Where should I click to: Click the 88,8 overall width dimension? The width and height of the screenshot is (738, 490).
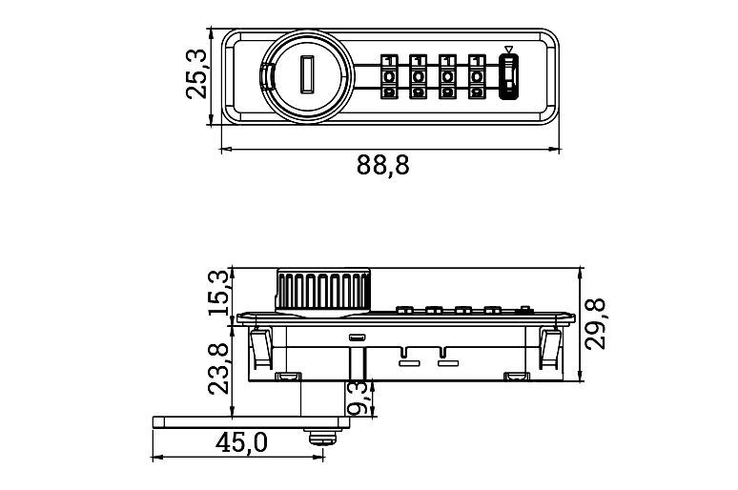coord(383,166)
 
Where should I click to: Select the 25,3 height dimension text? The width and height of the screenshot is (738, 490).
coord(196,75)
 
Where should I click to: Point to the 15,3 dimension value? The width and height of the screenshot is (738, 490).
coord(218,293)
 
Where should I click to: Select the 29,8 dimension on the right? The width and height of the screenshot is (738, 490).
coord(597,323)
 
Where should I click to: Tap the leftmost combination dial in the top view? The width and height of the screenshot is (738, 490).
coord(389,77)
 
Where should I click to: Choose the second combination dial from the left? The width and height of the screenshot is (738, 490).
coord(418,77)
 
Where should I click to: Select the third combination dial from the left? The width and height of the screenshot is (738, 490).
coord(446,77)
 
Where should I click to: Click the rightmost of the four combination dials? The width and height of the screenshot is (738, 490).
coord(475,77)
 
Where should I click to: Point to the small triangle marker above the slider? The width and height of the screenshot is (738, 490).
coord(508,51)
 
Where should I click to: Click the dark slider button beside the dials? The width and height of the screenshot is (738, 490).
coord(508,77)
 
